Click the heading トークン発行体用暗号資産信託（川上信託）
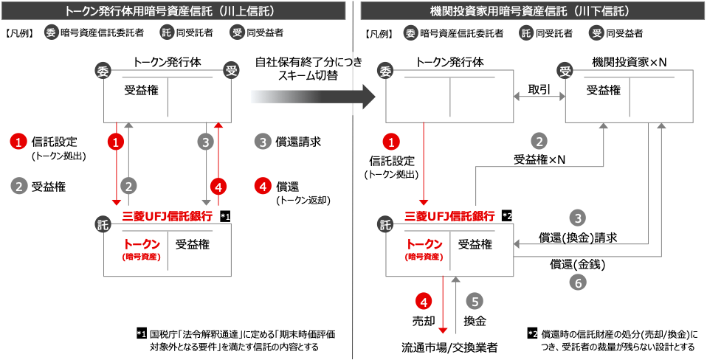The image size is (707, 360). click(x=173, y=10)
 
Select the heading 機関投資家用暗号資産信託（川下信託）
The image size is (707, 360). click(x=530, y=10)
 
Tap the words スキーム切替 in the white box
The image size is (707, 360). click(x=308, y=75)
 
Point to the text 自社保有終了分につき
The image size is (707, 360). click(x=308, y=62)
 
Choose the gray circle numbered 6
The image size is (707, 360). click(x=579, y=282)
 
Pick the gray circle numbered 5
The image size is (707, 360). click(x=475, y=301)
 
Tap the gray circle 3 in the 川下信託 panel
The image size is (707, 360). click(x=579, y=218)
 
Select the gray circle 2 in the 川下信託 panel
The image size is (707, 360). click(x=540, y=142)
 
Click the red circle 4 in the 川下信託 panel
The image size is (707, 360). click(x=423, y=301)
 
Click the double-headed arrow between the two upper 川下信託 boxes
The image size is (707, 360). click(x=539, y=97)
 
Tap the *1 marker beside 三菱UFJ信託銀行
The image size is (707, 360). click(x=226, y=216)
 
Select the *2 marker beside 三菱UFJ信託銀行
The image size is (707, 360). click(x=507, y=216)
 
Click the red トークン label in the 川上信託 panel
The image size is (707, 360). click(x=142, y=244)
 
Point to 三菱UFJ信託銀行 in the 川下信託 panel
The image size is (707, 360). click(x=449, y=216)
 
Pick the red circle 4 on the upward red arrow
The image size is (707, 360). click(x=218, y=185)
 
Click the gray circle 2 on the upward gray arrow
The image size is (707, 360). click(x=129, y=185)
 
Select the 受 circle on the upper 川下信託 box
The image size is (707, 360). click(x=565, y=71)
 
